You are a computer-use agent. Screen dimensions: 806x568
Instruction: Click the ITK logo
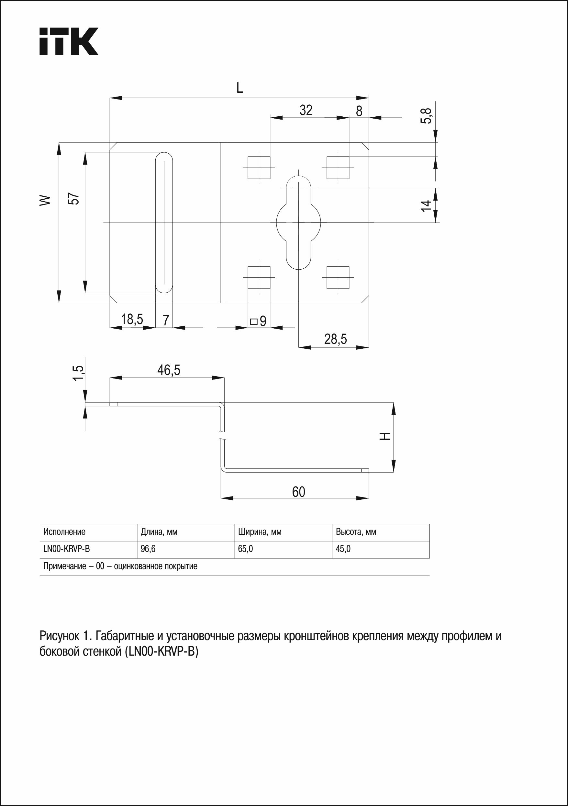[x=68, y=41]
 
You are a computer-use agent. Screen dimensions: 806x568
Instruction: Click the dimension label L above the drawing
[x=239, y=88]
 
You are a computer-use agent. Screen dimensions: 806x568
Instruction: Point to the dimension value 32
[x=306, y=110]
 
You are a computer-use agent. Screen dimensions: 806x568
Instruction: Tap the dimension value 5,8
[x=427, y=115]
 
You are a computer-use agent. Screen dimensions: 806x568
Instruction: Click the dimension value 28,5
[x=336, y=339]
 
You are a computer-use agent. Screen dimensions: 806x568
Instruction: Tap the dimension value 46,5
[x=169, y=370]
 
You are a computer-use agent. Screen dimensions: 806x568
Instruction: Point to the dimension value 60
[x=298, y=492]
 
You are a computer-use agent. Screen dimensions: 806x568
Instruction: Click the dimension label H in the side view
[x=385, y=436]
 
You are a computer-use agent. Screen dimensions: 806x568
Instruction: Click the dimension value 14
[x=426, y=205]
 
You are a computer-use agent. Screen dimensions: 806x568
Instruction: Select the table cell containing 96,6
[x=148, y=549]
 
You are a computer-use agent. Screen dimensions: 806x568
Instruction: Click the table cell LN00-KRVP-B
[x=67, y=549]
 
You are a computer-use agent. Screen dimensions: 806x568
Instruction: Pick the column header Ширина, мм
[x=260, y=532]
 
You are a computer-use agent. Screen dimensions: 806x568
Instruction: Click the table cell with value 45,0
[x=343, y=549]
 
